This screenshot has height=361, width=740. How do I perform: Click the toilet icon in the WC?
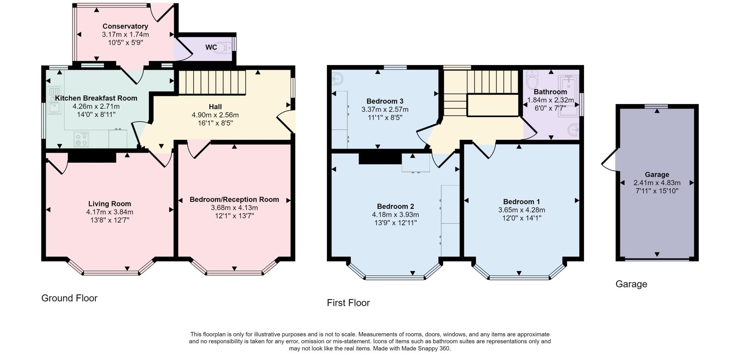[223, 48]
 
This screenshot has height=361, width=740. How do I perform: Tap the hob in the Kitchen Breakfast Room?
[81, 139]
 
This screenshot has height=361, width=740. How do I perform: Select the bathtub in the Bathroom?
[568, 96]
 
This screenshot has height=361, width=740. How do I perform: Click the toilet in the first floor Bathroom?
[532, 79]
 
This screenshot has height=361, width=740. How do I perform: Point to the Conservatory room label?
[125, 26]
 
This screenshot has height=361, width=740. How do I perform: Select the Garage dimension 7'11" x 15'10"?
[657, 191]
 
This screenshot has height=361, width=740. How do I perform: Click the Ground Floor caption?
[69, 298]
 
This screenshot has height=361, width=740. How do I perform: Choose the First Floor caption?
[348, 303]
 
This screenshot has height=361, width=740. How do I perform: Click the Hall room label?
[215, 107]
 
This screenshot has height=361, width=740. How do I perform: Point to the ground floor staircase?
[212, 82]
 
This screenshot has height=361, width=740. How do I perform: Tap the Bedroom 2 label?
[395, 206]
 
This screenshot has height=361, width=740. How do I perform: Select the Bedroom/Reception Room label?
[234, 199]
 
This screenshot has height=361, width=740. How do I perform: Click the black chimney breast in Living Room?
[92, 157]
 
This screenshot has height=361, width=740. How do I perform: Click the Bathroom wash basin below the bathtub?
[573, 129]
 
